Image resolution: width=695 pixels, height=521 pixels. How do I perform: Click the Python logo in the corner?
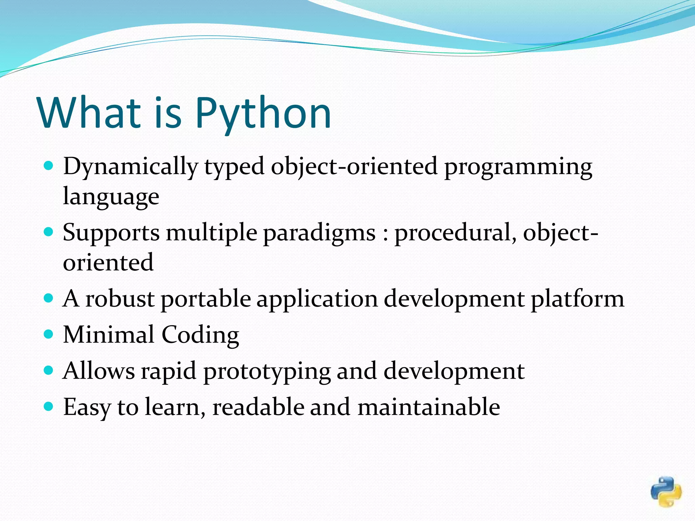tap(666, 492)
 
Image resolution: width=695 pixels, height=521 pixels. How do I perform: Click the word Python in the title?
tap(263, 114)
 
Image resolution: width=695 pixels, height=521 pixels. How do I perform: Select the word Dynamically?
tap(130, 167)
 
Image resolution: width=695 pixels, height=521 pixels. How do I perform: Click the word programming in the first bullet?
tap(518, 167)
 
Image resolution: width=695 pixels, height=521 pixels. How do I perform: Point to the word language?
tap(111, 197)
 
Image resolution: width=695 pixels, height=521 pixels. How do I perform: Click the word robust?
tap(120, 299)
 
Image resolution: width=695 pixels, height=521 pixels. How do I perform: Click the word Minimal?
tap(109, 335)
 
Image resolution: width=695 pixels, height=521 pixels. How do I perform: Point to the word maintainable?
tap(429, 407)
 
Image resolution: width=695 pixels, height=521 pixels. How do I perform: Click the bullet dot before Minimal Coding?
tap(49, 334)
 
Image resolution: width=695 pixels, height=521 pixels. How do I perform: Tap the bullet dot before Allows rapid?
tap(49, 370)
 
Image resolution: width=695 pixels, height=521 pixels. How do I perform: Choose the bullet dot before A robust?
tap(49, 298)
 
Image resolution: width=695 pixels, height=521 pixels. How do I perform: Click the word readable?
tap(258, 407)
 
